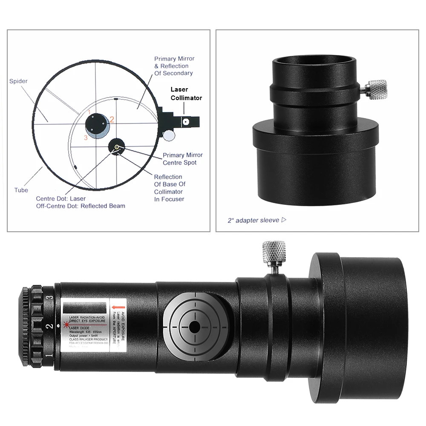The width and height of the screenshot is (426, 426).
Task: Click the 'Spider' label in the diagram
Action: click(x=18, y=81)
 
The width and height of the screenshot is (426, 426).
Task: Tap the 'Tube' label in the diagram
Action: click(x=21, y=190)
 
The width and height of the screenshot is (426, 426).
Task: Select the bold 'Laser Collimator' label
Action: click(x=186, y=93)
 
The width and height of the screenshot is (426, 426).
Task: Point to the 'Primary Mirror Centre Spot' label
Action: click(x=183, y=159)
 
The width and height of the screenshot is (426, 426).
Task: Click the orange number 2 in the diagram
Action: click(x=112, y=120)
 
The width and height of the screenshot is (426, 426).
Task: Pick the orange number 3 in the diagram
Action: click(x=86, y=137)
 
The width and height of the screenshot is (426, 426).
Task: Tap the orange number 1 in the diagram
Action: click(x=89, y=112)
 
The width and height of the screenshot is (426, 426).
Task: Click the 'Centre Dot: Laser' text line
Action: click(x=60, y=199)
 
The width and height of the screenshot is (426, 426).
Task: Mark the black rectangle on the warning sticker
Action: click(x=84, y=308)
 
